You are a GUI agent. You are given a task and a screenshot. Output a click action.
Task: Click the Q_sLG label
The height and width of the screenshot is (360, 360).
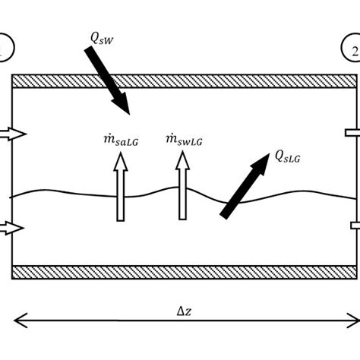tap(290, 157)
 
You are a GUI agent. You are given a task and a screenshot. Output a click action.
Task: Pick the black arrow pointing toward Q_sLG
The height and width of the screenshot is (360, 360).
tap(245, 186)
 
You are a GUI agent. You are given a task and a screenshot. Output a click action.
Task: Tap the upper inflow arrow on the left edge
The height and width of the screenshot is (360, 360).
tap(14, 134)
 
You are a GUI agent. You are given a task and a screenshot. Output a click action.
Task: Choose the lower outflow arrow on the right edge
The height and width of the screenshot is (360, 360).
tap(353, 225)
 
